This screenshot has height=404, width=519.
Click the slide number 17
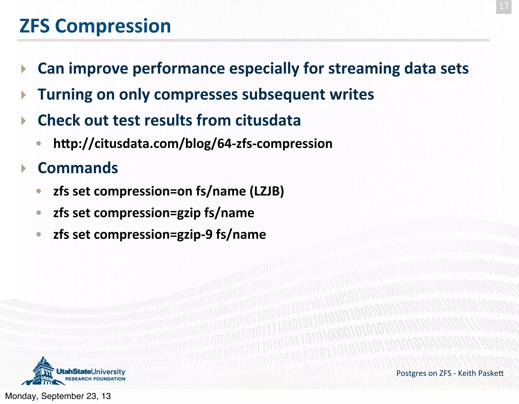[504, 6]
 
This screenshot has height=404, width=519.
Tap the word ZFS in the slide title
[34, 26]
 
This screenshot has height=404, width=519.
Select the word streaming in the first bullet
[364, 68]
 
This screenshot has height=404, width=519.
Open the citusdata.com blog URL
[193, 144]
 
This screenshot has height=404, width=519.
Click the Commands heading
[78, 168]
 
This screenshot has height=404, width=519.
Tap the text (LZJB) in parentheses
[267, 191]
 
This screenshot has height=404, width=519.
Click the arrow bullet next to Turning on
[24, 95]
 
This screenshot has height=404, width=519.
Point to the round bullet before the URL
[39, 144]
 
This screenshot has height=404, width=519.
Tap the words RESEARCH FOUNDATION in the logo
[95, 379]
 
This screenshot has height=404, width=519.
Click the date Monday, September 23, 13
[58, 396]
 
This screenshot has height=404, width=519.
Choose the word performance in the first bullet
[179, 68]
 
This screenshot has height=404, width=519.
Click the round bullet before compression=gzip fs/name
[39, 213]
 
